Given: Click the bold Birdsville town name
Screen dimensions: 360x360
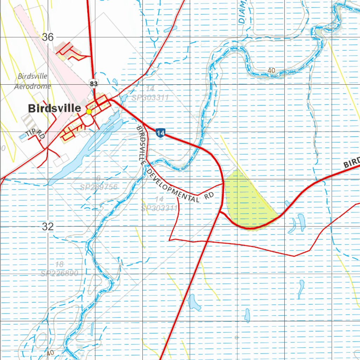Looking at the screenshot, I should tap(54, 108).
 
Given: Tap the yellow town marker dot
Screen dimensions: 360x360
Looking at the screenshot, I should tap(89, 111).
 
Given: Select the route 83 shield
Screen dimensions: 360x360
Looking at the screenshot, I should tap(94, 84).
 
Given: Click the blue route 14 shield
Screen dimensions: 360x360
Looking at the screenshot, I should tap(160, 133).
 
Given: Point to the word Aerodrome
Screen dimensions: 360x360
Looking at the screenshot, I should tap(32, 86).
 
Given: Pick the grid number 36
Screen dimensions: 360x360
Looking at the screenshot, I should tap(48, 37).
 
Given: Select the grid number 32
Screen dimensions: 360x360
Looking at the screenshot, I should tap(48, 227).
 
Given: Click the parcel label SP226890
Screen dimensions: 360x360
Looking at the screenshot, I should tap(59, 273).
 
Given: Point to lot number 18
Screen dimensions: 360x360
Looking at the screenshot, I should tap(59, 265).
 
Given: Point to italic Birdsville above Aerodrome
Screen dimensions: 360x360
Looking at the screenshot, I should tap(32, 76).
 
